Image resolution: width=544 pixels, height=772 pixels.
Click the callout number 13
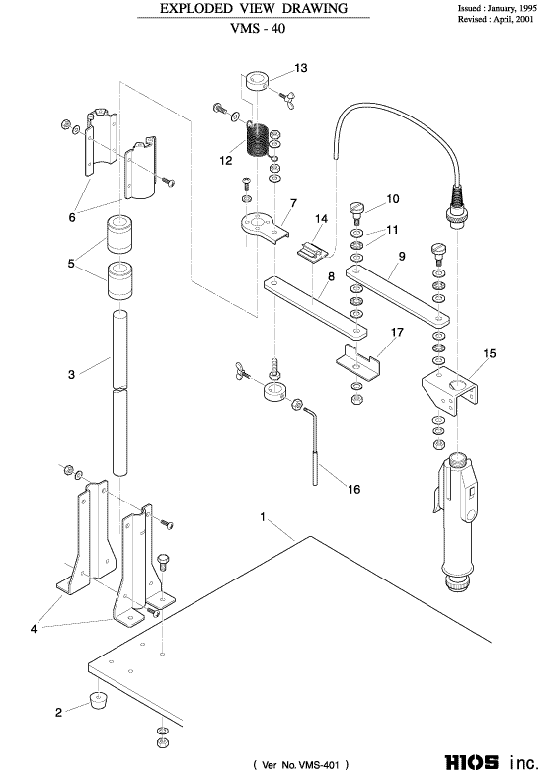301,67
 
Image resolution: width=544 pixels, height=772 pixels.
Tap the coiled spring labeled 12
257,140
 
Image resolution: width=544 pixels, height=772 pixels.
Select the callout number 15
490,353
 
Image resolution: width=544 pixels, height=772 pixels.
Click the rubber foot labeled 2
99,700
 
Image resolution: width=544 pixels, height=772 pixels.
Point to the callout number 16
354,489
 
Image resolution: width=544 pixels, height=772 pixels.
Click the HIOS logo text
472,762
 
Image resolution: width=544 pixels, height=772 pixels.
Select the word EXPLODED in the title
189,8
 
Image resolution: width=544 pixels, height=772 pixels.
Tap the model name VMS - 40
258,28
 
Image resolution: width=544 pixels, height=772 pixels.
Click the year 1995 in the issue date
527,8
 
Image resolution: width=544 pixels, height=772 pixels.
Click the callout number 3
71,375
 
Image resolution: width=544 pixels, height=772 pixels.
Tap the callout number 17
397,332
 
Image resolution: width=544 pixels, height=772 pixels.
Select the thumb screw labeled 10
358,210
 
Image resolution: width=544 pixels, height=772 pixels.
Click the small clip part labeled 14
312,252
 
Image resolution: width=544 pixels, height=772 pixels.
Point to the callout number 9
402,256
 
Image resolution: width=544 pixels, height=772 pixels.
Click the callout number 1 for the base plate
263,517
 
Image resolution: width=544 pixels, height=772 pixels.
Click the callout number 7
293,203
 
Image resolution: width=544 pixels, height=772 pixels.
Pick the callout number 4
34,629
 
